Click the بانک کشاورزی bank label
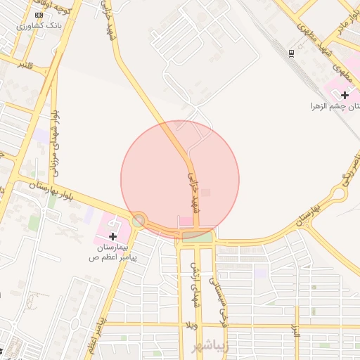coord(41,25)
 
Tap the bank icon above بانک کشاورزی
coord(39,15)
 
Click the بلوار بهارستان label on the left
coord(53,187)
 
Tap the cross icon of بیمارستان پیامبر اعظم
coord(112,236)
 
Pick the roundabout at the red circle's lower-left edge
coord(139,221)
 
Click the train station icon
coord(291,53)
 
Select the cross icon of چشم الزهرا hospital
coord(345,94)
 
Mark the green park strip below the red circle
coord(198,236)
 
